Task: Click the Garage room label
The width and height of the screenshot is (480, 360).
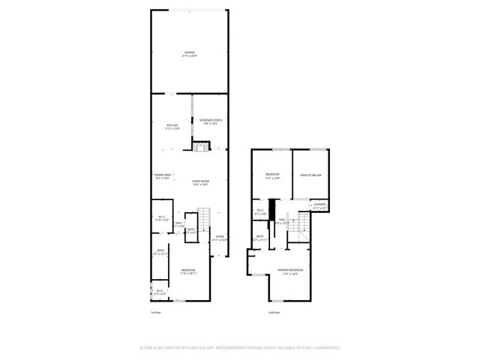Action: [189, 52]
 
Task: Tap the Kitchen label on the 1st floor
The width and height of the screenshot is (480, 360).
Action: [172, 125]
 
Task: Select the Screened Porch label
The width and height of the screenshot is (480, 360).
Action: [210, 120]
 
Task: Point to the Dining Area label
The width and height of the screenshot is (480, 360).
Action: [163, 175]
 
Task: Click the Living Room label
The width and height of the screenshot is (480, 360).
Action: [199, 181]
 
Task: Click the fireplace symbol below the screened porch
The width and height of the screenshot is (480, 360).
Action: [199, 146]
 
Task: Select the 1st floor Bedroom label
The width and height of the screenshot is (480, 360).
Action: [187, 270]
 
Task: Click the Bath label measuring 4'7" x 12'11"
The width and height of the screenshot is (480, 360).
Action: [160, 251]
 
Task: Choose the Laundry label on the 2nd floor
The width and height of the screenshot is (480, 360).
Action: [319, 204]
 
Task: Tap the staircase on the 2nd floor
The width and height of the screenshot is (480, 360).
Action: [304, 225]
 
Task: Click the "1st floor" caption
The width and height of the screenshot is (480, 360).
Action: [155, 312]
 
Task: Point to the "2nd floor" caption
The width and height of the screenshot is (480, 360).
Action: [274, 312]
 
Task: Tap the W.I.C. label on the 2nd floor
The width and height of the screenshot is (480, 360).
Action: [259, 211]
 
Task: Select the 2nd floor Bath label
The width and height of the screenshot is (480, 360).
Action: [259, 237]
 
